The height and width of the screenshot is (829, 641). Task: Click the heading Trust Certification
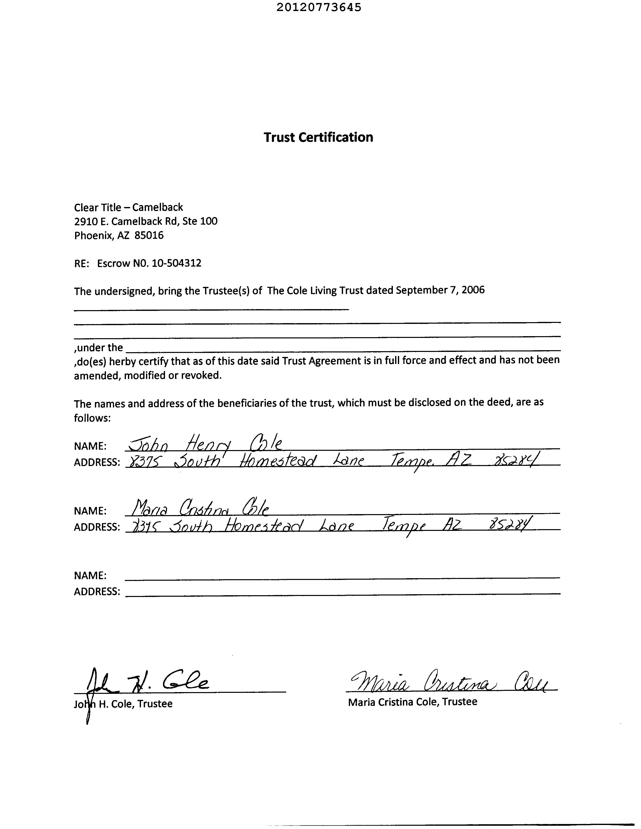(x=318, y=137)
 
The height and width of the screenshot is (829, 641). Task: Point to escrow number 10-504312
(x=176, y=263)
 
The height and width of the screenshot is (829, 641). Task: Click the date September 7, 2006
(x=440, y=290)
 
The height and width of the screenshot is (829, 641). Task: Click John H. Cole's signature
(x=148, y=684)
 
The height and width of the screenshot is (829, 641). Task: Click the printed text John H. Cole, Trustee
(x=123, y=704)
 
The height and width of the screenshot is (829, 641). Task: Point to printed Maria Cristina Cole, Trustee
(x=412, y=702)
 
